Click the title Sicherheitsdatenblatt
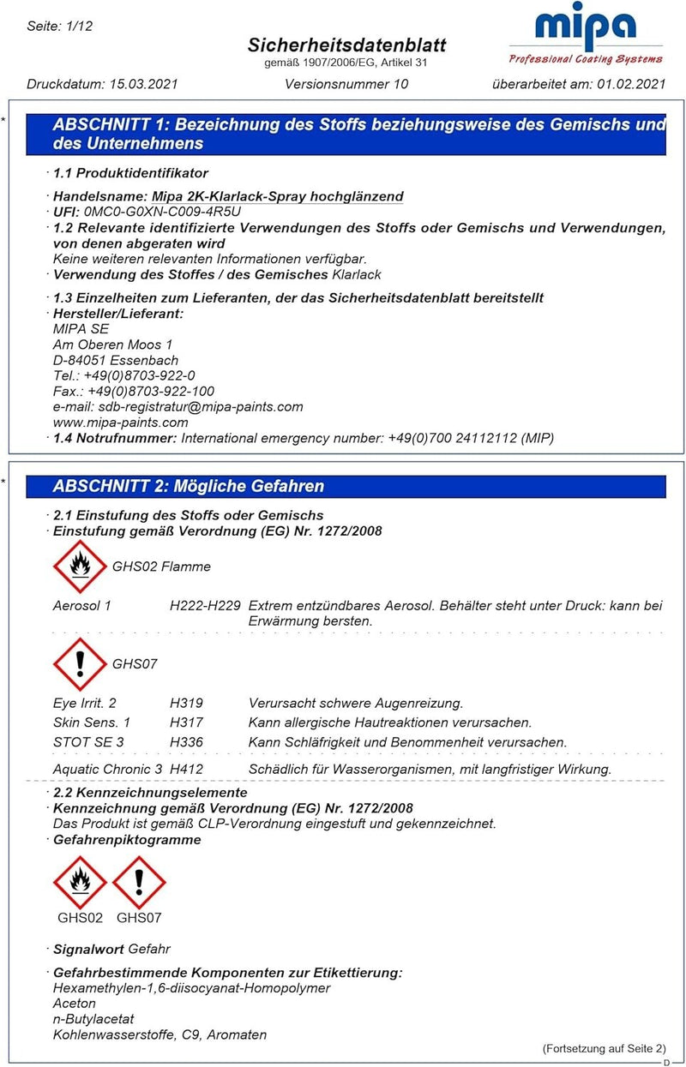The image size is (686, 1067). (346, 45)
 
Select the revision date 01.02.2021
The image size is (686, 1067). (633, 84)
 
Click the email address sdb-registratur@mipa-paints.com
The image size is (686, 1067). (201, 407)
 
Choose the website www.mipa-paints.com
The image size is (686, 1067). (120, 423)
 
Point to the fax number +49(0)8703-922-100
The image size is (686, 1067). (151, 392)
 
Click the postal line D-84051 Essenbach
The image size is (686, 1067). (116, 361)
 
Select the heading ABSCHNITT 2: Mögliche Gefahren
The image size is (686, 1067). (189, 487)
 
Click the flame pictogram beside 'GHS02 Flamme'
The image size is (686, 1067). (80, 566)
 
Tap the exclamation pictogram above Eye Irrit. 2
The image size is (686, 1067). (80, 664)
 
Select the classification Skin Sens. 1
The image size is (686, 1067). (92, 722)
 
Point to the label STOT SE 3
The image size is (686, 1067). (88, 742)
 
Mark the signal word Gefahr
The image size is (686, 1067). (149, 950)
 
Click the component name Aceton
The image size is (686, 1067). (75, 1004)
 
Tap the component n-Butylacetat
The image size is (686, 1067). (93, 1019)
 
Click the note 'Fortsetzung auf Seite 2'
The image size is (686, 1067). (604, 1049)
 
